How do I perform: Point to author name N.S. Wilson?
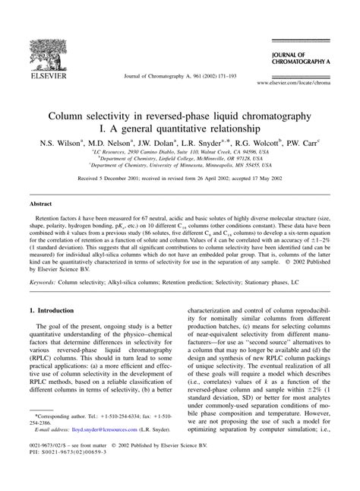(x=68, y=142)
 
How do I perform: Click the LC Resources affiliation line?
(x=180, y=153)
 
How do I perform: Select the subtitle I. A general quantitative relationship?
(x=180, y=129)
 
